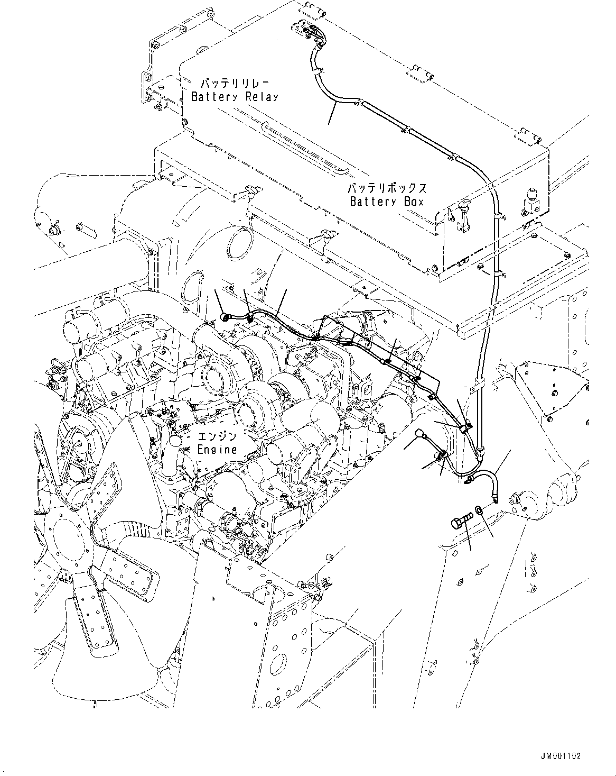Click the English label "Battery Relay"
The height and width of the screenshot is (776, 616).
(235, 97)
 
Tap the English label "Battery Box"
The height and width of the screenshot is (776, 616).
(387, 202)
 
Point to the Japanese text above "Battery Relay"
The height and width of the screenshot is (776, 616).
(235, 84)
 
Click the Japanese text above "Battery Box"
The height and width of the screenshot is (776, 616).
(387, 188)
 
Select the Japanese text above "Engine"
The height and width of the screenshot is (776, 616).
(217, 437)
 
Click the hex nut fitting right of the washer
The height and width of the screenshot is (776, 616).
(516, 499)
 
